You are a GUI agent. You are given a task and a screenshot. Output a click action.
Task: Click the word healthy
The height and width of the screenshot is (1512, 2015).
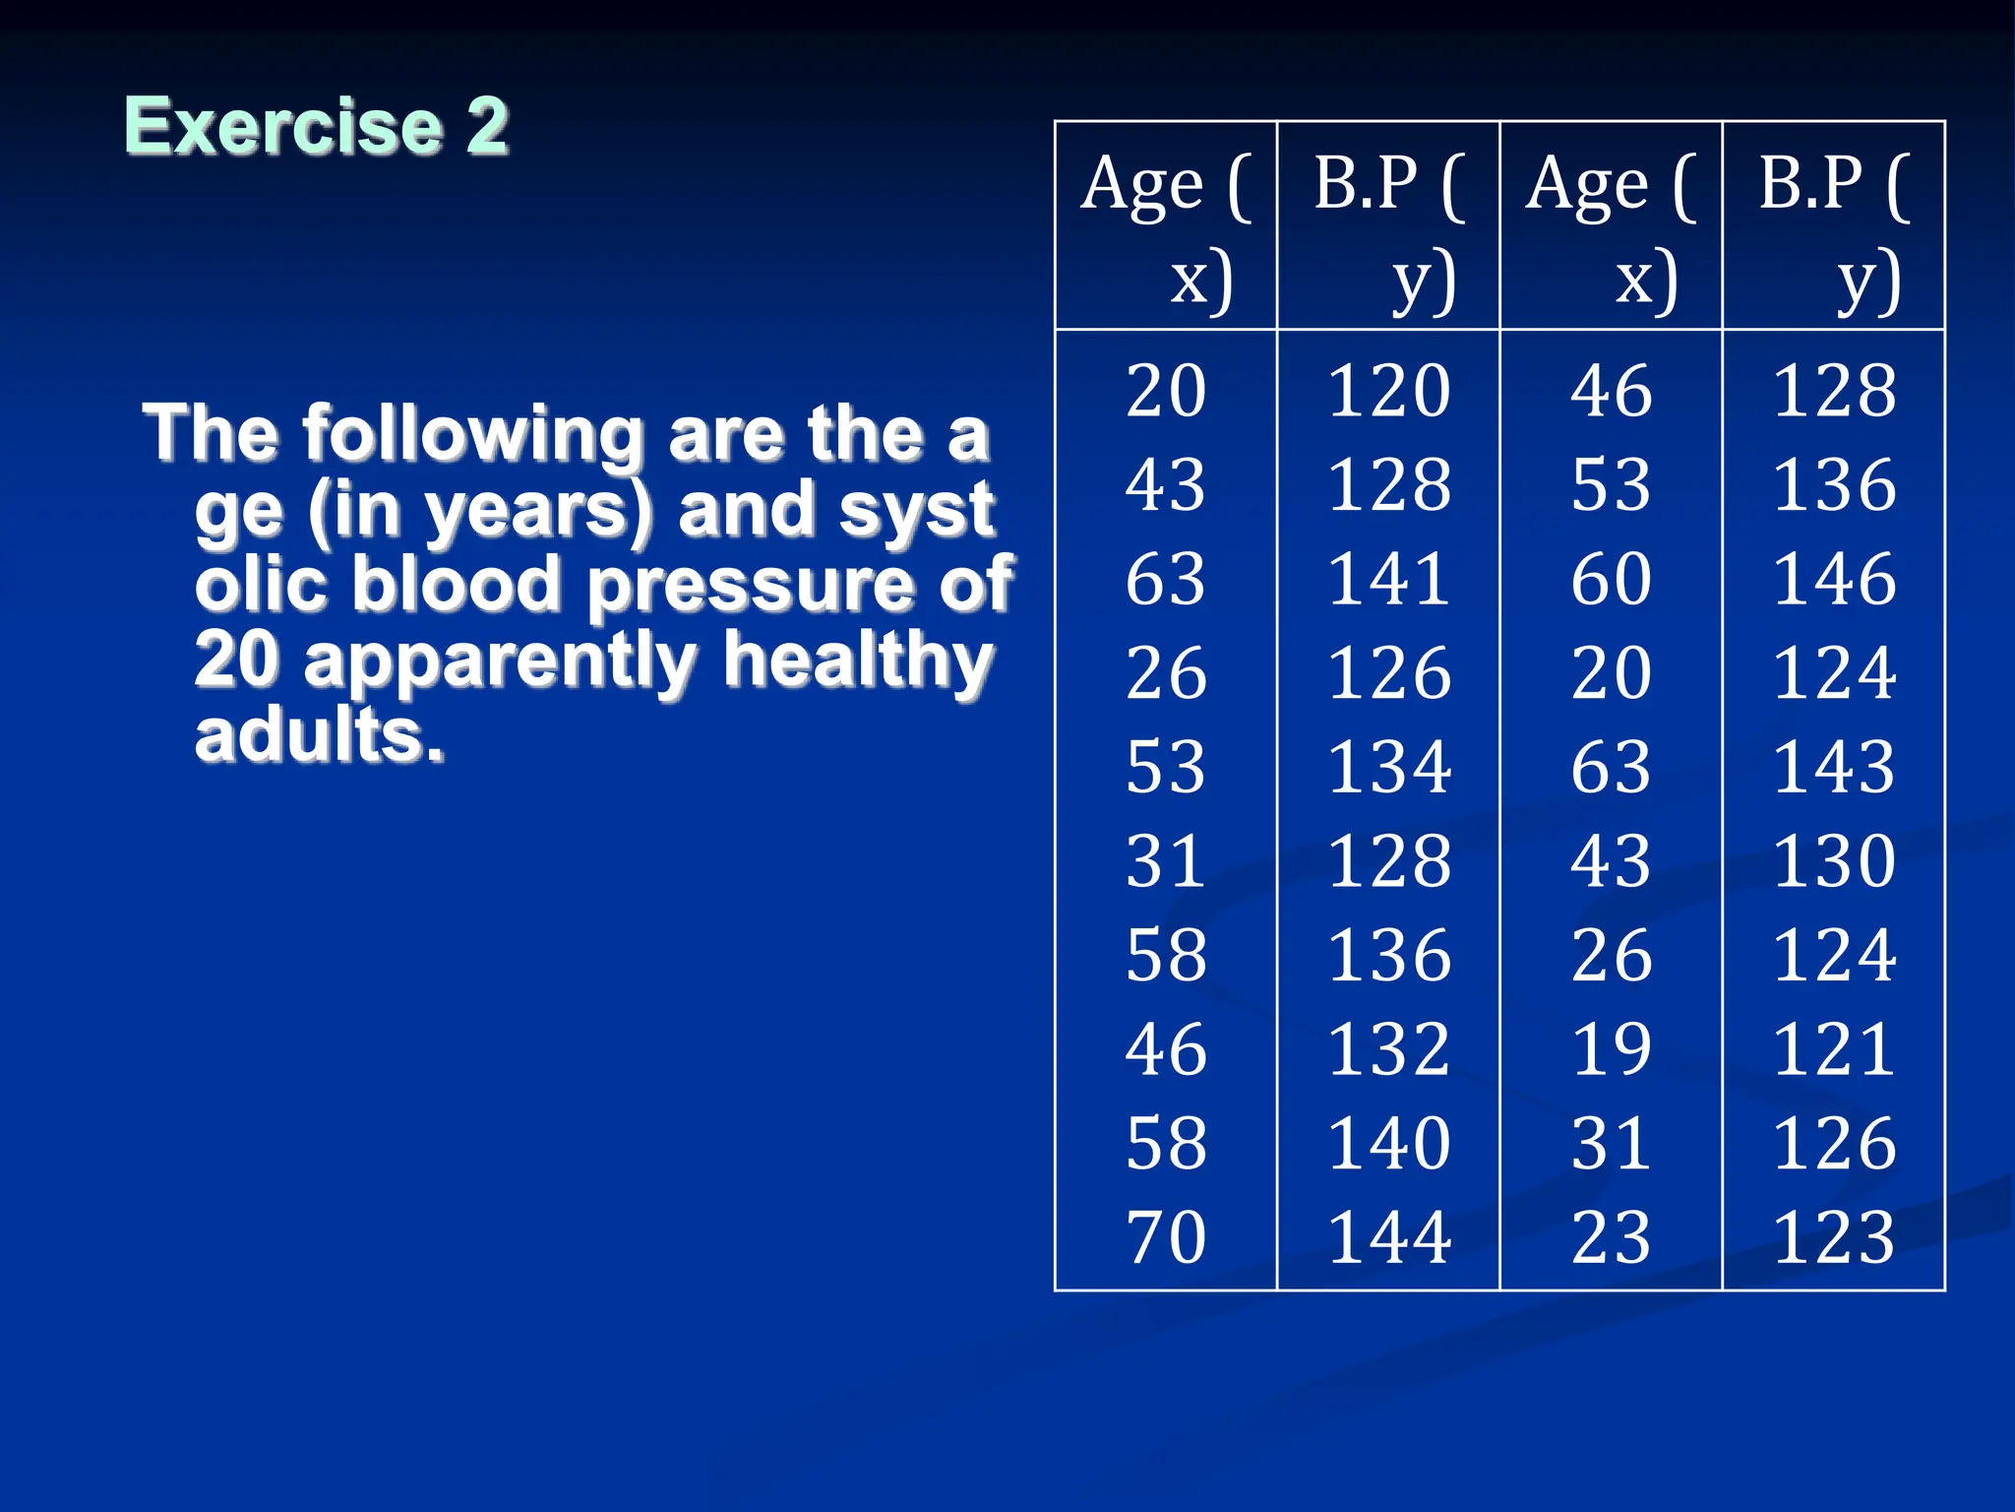click(858, 661)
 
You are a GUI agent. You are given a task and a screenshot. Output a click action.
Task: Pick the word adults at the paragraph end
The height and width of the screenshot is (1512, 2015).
click(318, 736)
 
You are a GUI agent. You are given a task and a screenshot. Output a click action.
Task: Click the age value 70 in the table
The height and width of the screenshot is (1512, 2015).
click(1166, 1236)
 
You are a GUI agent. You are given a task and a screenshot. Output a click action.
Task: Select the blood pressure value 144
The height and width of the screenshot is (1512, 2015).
click(1388, 1236)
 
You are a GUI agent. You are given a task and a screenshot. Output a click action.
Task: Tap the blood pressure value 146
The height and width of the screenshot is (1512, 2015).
click(1834, 578)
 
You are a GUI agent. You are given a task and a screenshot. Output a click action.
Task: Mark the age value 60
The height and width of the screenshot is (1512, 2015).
click(1611, 578)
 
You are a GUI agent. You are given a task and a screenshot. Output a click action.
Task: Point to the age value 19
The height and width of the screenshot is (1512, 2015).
click(1611, 1048)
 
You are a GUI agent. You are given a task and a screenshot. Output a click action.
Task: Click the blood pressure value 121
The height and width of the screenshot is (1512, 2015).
click(1834, 1048)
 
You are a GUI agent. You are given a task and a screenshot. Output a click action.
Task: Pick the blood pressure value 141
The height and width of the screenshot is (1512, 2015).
click(1388, 578)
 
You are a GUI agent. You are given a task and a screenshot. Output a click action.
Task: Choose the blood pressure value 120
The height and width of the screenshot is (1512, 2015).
click(1388, 390)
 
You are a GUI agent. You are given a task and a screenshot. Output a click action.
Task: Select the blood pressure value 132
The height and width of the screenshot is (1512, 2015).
click(1388, 1048)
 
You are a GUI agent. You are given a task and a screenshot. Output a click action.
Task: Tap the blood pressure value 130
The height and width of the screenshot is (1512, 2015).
click(1834, 860)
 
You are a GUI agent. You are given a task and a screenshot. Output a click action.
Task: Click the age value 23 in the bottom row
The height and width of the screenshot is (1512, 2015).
click(1611, 1236)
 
